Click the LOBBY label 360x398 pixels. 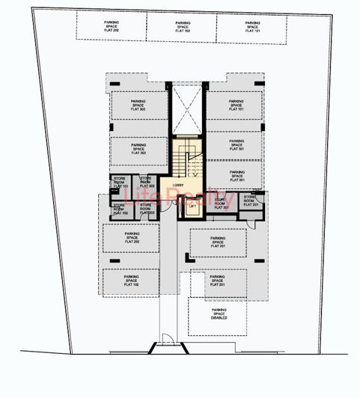point(178,185)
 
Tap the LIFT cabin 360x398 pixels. point(192,207)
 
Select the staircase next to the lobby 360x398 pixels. point(189,160)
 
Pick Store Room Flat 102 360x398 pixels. point(120,209)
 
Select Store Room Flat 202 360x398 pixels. point(146,209)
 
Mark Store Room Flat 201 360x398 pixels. point(251,202)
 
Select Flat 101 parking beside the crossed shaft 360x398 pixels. point(235,105)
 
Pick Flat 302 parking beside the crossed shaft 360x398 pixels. point(138,105)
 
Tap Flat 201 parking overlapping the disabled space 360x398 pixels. point(218,280)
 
